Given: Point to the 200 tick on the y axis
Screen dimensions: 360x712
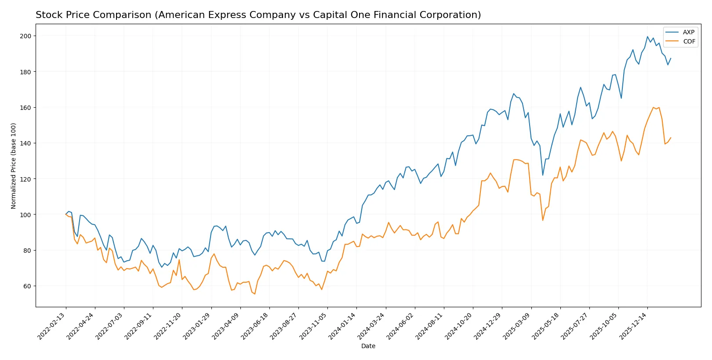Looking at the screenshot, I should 25,36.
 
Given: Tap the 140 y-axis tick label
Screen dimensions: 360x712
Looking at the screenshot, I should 25,143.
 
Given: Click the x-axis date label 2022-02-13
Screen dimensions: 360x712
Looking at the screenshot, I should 51,326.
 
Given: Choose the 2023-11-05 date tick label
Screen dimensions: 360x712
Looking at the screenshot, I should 313,326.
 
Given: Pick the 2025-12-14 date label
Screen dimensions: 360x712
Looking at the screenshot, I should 633,326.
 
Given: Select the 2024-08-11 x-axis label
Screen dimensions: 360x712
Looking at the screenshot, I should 429,326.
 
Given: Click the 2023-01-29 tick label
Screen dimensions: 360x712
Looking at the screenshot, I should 197,326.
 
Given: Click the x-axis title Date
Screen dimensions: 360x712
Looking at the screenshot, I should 368,346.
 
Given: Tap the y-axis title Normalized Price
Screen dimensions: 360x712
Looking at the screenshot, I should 14,166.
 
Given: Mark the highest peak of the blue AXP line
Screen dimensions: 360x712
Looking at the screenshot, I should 647,37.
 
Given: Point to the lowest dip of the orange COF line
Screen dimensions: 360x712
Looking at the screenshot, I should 254,294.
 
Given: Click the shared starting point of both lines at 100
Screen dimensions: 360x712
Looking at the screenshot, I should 66,215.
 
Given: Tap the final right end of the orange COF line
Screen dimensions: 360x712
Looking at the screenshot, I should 671,138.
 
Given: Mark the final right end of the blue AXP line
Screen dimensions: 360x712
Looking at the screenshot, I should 671,58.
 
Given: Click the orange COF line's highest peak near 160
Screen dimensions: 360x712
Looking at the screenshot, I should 653,107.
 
